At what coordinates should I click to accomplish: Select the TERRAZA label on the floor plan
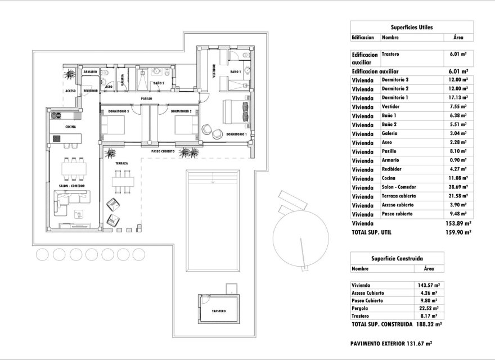tap(121, 163)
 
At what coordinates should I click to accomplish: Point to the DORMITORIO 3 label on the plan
tap(120, 111)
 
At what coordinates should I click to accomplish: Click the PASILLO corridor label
tap(147, 98)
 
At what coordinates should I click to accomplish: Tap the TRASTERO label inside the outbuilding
tap(219, 311)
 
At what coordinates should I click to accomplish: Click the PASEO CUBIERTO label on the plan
tap(163, 152)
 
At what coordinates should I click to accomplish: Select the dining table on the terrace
tap(121, 182)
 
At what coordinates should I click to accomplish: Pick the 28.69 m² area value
tap(459, 187)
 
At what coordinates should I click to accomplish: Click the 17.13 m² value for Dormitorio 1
tap(459, 97)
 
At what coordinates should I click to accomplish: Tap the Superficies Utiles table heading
tap(411, 26)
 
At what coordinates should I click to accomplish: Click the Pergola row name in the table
tap(360, 308)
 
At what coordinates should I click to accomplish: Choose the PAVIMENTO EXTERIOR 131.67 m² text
tap(391, 343)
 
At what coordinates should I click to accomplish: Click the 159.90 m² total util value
tap(458, 231)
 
